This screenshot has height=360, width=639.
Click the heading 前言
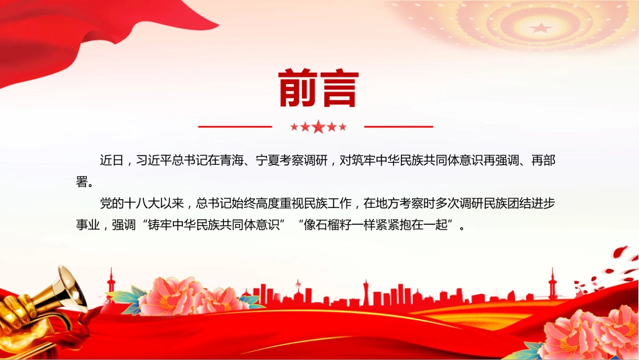[x=318, y=87]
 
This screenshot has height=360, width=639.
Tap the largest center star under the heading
[x=318, y=127]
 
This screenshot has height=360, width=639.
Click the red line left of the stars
[x=235, y=127]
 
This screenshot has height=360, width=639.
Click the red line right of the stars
[x=398, y=127]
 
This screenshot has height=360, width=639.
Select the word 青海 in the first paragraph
[x=232, y=160]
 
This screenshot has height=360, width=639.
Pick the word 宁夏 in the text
[x=268, y=160]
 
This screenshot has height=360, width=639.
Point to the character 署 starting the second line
[x=82, y=182]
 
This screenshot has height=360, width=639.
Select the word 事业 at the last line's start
[x=87, y=224]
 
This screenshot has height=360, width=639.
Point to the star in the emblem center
[x=541, y=28]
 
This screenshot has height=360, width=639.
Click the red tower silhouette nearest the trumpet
[x=111, y=283]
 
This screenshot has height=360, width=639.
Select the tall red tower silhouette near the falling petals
[x=553, y=284]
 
